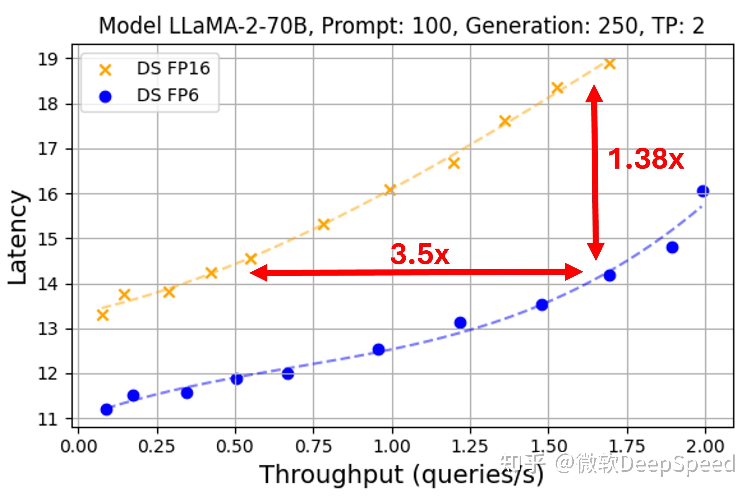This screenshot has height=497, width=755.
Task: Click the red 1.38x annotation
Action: tap(646, 160)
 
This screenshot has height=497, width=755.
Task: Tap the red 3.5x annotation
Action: tap(420, 254)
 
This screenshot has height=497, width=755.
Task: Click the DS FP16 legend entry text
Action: tap(173, 68)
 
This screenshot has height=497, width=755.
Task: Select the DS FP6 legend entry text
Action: tap(167, 95)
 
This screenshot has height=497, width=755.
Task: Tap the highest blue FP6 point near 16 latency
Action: tap(703, 191)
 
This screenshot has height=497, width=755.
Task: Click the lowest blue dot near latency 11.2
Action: tap(107, 410)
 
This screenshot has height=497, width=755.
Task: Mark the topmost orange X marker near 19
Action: tap(610, 64)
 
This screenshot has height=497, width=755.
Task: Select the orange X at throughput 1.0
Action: tap(389, 190)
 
